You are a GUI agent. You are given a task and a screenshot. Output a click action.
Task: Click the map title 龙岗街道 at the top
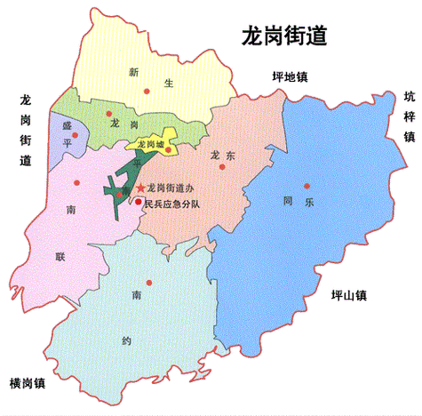tap(283, 36)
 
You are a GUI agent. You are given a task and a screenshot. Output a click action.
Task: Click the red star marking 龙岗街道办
tap(140, 188)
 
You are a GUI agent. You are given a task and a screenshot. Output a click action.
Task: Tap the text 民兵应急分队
tap(173, 204)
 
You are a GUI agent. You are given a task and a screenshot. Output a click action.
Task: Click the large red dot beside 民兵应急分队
tap(138, 201)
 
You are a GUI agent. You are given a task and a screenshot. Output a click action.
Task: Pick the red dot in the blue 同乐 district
tap(307, 186)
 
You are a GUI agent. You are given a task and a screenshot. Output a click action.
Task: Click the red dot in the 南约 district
tap(149, 283)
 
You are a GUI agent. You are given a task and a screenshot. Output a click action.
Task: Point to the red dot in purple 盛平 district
tap(76, 135)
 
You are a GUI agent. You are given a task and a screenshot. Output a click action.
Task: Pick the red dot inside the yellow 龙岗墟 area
tap(168, 149)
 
